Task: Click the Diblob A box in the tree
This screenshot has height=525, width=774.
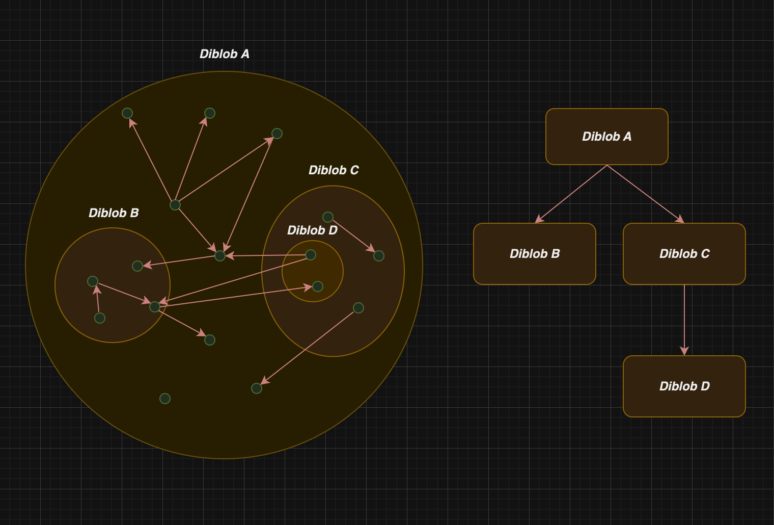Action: (x=607, y=137)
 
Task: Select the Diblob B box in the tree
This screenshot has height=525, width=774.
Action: (x=535, y=254)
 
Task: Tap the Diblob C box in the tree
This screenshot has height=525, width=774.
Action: (x=684, y=254)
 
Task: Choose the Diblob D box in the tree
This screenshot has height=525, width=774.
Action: (x=684, y=386)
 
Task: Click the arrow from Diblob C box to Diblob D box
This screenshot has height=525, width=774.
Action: (x=684, y=320)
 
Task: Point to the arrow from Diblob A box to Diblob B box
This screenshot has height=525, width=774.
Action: (x=571, y=194)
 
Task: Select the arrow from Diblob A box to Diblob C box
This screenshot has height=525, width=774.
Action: (x=646, y=194)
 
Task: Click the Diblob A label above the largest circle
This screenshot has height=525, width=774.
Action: (x=225, y=54)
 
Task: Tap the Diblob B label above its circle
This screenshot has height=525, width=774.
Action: (x=114, y=213)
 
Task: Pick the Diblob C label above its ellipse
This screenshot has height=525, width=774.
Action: (x=334, y=170)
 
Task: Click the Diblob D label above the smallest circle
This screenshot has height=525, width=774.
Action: (x=312, y=230)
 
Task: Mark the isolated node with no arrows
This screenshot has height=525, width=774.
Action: (x=165, y=399)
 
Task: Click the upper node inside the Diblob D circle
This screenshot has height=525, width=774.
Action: (x=311, y=255)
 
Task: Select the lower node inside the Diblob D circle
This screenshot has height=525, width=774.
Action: (x=318, y=286)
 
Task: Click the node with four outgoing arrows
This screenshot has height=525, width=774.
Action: (x=175, y=205)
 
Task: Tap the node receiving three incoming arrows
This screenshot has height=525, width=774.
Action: (x=220, y=256)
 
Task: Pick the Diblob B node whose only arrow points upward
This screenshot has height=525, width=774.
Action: (x=100, y=318)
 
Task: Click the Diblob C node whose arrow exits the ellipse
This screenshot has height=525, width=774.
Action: (x=358, y=308)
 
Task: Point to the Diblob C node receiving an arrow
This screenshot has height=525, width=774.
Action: (x=379, y=256)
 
